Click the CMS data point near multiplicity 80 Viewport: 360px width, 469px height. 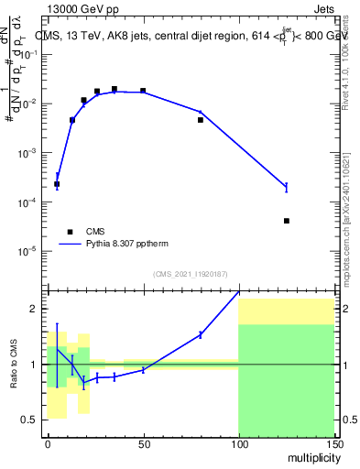(201, 120)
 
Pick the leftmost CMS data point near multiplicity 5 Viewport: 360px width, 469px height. (57, 184)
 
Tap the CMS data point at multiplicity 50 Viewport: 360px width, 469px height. (143, 91)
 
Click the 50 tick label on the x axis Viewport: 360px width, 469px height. (143, 444)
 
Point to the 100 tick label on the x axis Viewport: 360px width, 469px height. (238, 444)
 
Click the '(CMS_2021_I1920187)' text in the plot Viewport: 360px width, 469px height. (191, 273)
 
